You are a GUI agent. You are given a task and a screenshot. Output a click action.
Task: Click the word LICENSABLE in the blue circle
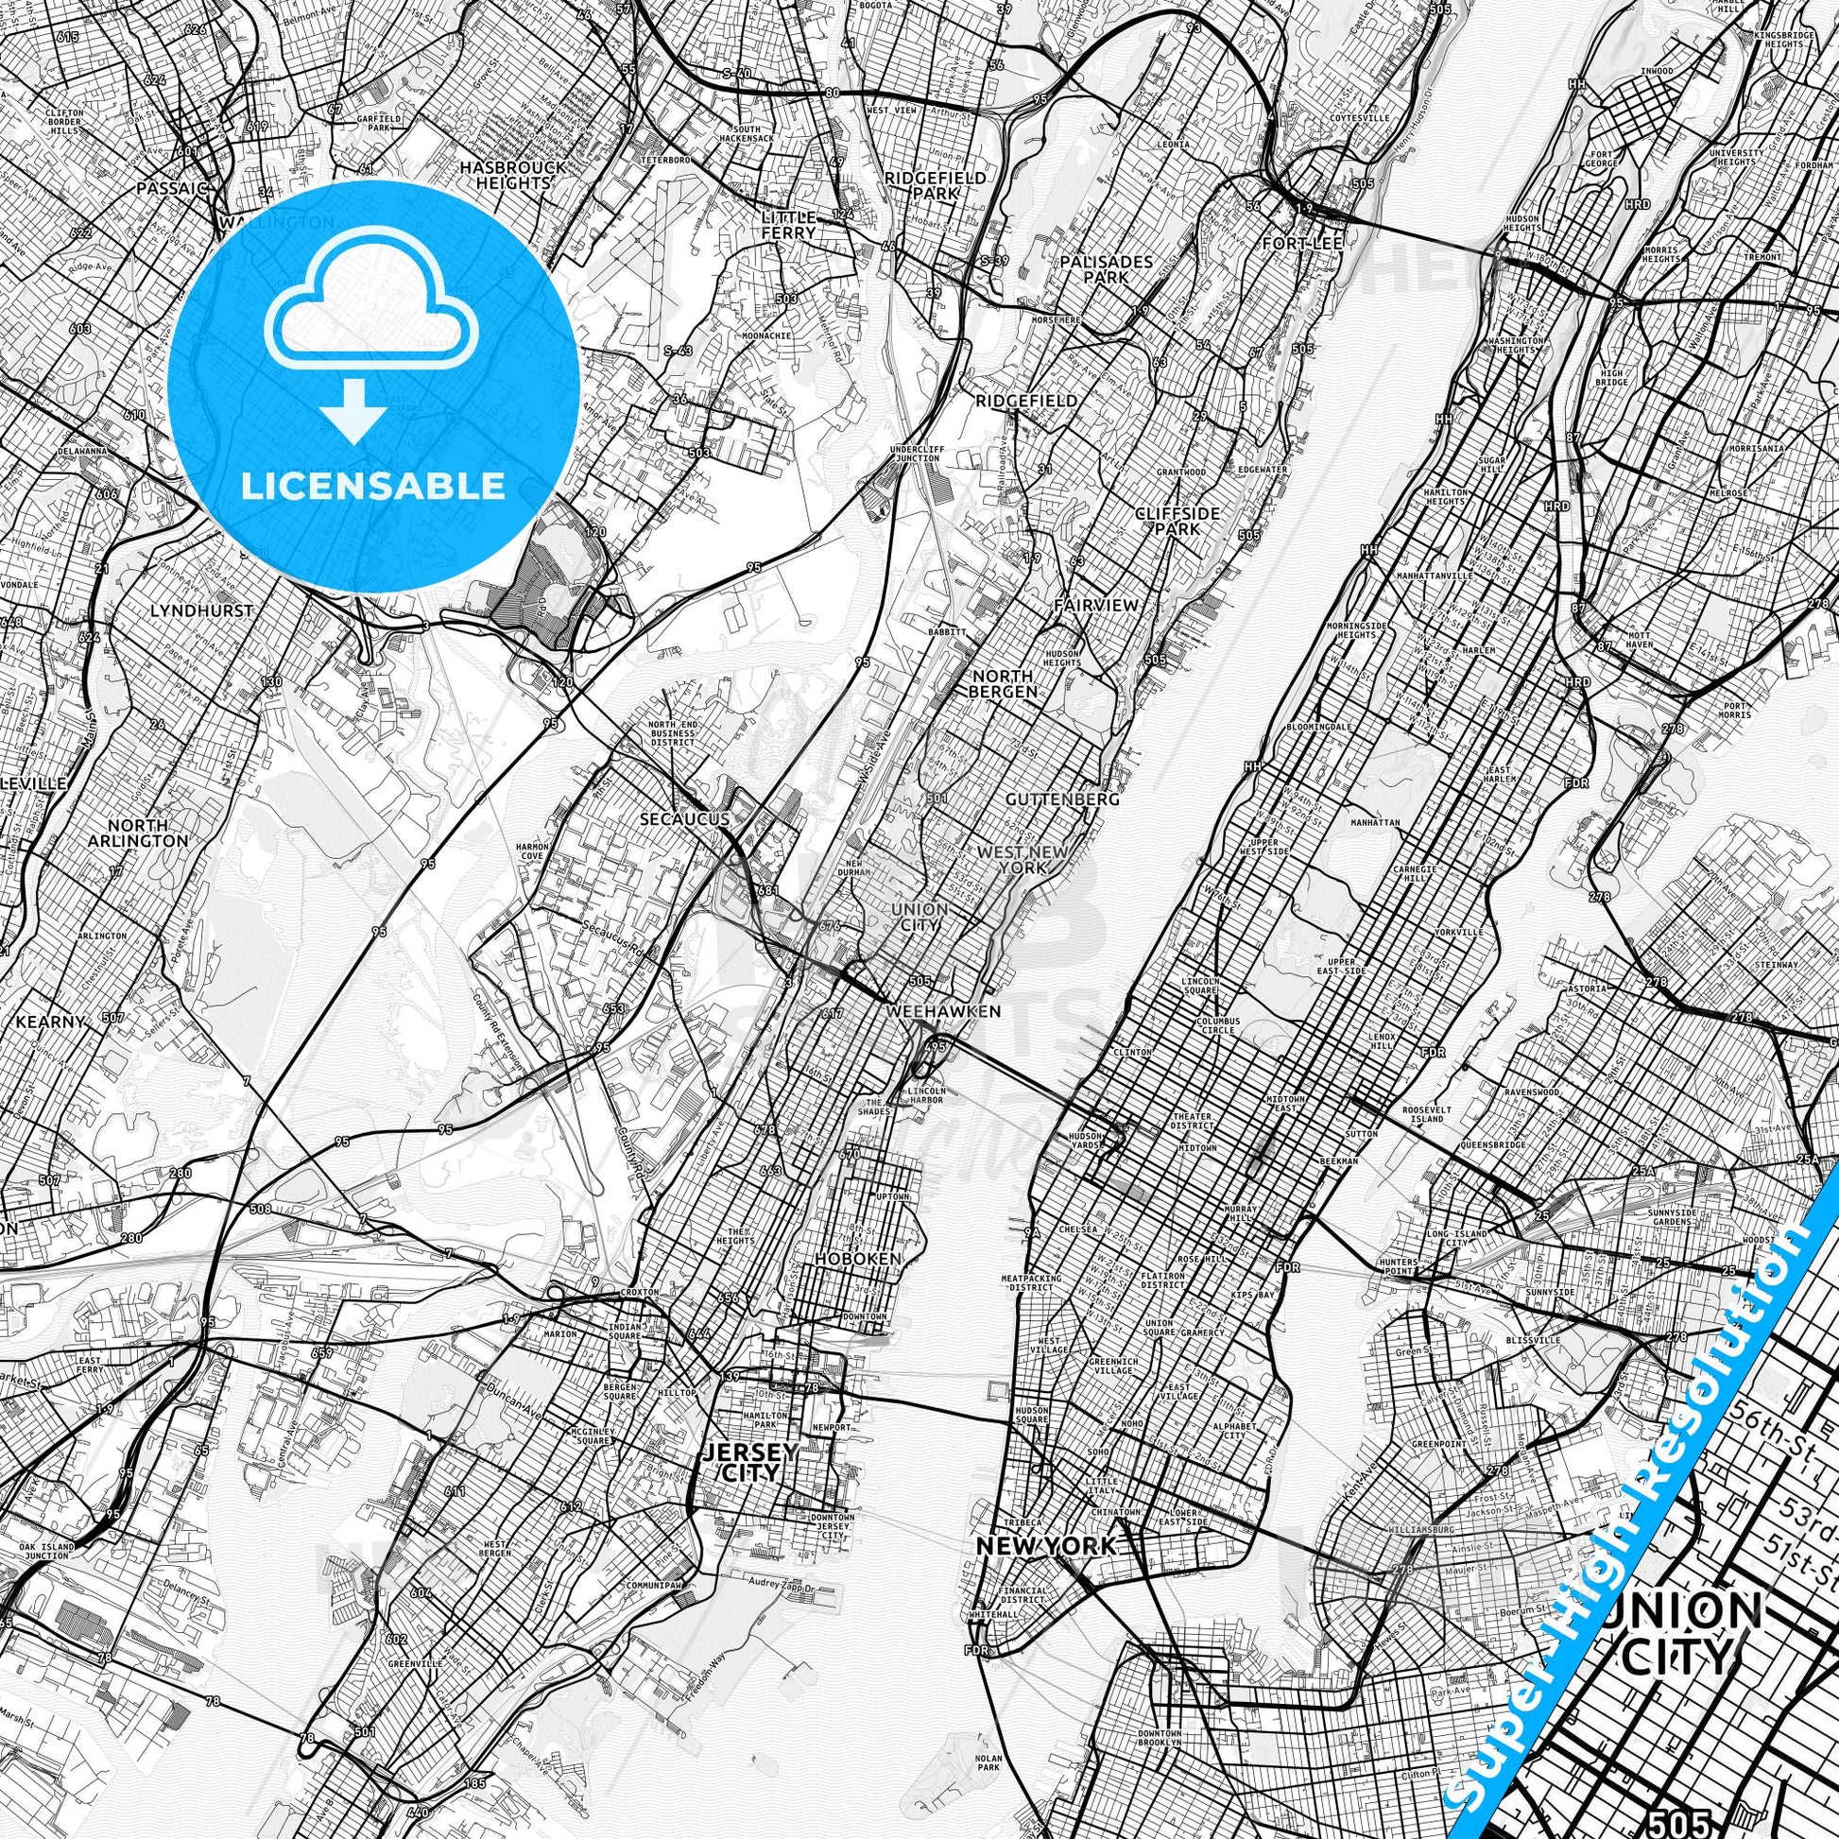pyautogui.click(x=373, y=486)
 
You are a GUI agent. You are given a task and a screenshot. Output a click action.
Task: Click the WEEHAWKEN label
pyautogui.click(x=943, y=1011)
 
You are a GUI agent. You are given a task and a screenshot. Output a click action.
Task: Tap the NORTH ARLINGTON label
pyautogui.click(x=150, y=833)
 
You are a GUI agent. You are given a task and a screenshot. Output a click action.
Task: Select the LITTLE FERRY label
pyautogui.click(x=789, y=225)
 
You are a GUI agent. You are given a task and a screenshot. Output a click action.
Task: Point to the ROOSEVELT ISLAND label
pyautogui.click(x=1425, y=1115)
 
